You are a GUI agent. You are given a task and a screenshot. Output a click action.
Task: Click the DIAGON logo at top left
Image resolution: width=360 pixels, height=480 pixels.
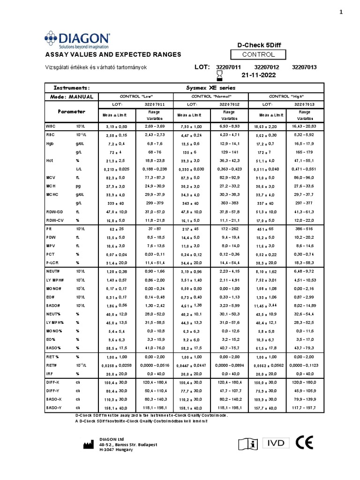click(x=77, y=40)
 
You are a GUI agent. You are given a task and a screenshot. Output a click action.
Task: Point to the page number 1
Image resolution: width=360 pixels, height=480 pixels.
click(x=341, y=13)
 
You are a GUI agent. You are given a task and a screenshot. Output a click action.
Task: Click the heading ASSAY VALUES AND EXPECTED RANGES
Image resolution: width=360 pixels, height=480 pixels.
click(x=112, y=55)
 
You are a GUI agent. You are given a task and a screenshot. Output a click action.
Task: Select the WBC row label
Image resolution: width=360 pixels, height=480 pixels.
click(x=51, y=127)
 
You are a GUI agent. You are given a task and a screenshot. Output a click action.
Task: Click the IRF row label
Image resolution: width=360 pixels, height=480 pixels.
click(x=49, y=374)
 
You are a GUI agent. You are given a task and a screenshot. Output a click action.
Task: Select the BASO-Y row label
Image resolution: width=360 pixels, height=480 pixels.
click(x=53, y=408)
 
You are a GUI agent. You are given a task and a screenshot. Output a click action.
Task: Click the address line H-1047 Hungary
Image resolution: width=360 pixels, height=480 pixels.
click(x=116, y=450)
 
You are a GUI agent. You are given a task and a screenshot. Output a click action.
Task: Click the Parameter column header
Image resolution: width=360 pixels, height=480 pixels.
click(x=71, y=112)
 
